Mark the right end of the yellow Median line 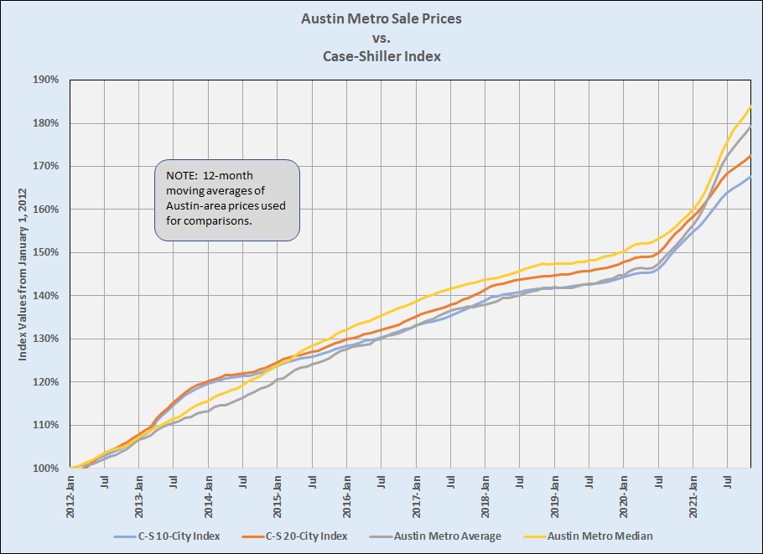click(749, 106)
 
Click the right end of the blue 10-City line click(749, 178)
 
